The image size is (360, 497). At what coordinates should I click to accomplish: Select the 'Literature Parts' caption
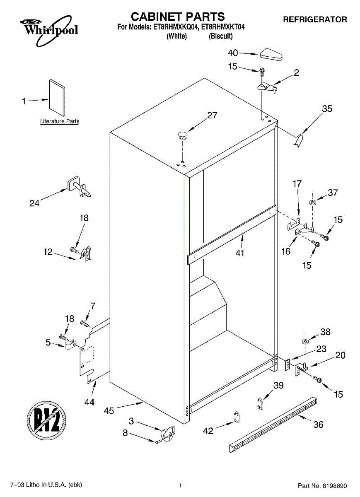[x=59, y=121]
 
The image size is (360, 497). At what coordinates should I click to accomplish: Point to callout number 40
[x=233, y=53]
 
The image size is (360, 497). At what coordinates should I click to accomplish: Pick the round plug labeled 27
[x=182, y=133]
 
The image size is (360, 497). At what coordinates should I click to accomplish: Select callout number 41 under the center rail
[x=239, y=253]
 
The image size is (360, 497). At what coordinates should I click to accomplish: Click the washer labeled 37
[x=312, y=203]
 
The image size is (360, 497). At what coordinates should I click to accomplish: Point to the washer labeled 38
[x=305, y=342]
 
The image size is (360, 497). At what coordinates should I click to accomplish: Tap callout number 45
[x=109, y=410]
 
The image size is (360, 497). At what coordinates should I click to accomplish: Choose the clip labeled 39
[x=260, y=403]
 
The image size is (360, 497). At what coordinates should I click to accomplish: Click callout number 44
[x=89, y=402]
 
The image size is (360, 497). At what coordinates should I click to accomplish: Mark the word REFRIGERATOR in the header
[x=315, y=19]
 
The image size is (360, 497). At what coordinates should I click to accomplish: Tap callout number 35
[x=327, y=109]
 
